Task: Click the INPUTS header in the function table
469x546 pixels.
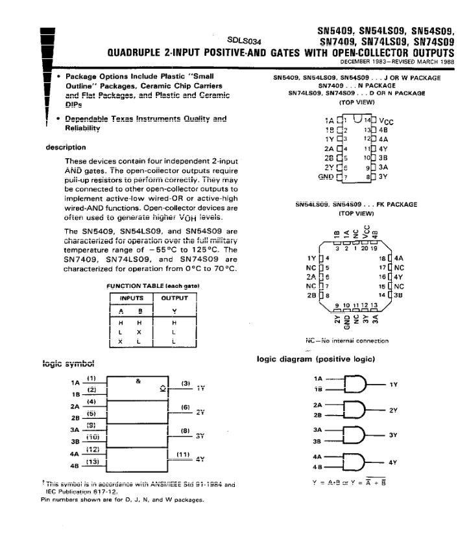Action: point(132,298)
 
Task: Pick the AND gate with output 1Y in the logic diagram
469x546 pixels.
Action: point(352,384)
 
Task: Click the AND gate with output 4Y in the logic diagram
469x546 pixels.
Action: point(352,462)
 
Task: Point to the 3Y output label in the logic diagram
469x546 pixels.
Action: point(392,436)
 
